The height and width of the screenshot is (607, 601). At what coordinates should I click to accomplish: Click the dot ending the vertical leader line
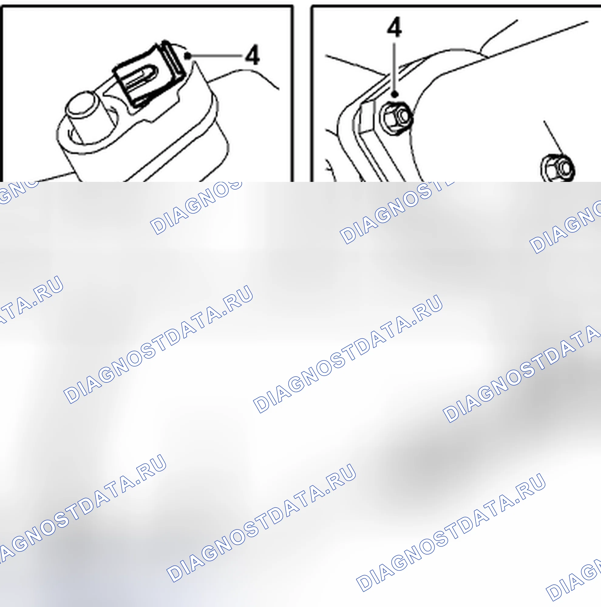395,94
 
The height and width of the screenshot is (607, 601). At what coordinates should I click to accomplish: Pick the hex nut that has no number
558,168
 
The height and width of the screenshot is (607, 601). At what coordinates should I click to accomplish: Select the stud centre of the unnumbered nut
565,167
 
